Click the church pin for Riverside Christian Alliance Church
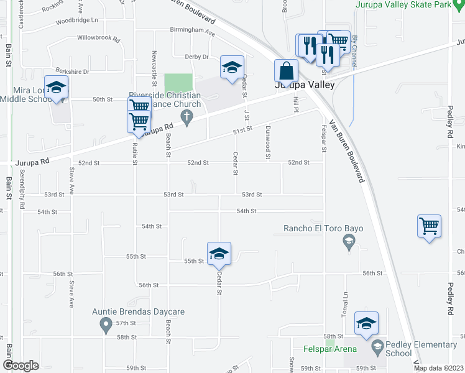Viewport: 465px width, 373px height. coord(185,116)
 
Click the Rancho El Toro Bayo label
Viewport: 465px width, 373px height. coord(323,228)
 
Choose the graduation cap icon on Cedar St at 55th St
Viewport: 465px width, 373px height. coord(219,253)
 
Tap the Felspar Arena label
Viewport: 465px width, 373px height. coord(329,349)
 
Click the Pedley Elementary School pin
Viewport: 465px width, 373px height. coord(377,345)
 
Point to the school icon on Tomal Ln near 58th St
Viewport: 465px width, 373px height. coord(366,323)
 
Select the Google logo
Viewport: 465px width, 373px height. coord(21,366)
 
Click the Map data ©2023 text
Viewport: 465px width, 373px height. coord(438,368)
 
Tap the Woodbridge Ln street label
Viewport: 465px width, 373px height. coord(77,21)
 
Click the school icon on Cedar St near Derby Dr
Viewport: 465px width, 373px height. coord(232,67)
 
